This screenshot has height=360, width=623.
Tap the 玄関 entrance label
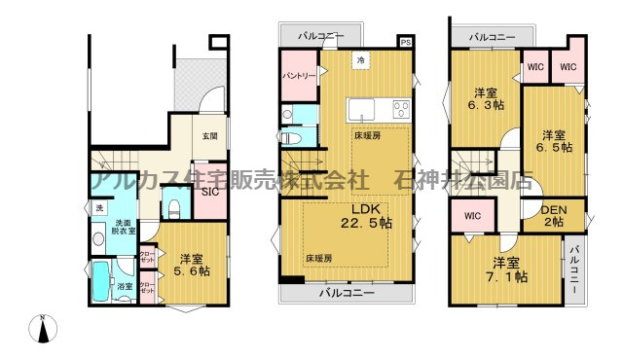click(209, 136)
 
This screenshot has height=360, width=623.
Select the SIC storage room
click(210, 192)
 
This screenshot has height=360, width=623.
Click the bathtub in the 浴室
click(101, 282)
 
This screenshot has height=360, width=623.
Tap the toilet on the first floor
click(175, 207)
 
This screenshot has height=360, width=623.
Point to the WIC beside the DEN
click(472, 216)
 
